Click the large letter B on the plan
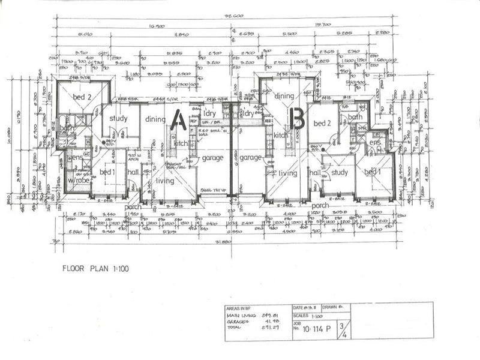tap(296, 119)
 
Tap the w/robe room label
tap(78, 179)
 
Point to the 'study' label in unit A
tap(118, 118)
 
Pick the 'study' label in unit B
tap(340, 173)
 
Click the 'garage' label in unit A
tap(212, 158)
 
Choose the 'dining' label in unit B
tap(284, 96)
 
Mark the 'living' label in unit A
tap(165, 181)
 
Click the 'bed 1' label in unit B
tap(373, 173)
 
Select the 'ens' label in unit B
tap(376, 143)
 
